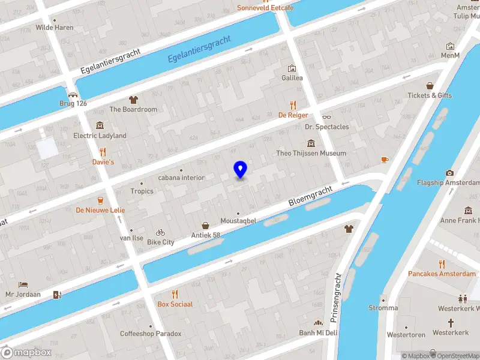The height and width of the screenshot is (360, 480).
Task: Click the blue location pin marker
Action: click(x=240, y=170)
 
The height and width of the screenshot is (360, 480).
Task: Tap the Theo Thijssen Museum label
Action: click(x=311, y=153)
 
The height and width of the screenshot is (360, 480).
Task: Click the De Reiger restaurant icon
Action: click(x=293, y=104)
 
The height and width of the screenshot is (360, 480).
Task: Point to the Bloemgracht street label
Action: click(x=310, y=196)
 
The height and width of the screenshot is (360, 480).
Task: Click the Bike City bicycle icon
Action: click(x=160, y=232)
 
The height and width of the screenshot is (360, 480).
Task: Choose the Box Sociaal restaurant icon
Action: click(x=175, y=294)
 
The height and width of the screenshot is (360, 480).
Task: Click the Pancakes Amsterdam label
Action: click(x=442, y=274)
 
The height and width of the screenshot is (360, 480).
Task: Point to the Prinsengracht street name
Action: click(x=335, y=296)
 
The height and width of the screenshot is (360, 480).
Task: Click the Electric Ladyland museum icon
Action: click(x=100, y=125)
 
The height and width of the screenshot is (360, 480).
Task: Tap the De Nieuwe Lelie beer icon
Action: click(x=100, y=200)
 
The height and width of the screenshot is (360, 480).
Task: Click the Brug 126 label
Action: click(x=73, y=103)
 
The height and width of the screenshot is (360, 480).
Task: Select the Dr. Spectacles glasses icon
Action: click(x=326, y=117)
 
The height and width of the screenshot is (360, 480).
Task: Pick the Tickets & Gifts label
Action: click(x=430, y=95)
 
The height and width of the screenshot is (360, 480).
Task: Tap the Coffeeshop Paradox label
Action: click(x=150, y=334)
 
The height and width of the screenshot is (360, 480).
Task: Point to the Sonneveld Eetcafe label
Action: click(x=265, y=8)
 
